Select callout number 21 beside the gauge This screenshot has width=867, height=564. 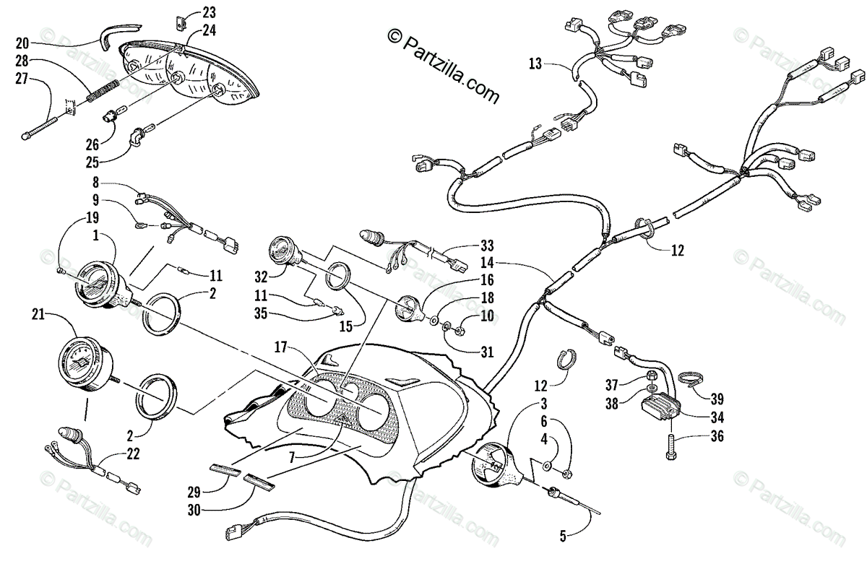click(x=39, y=314)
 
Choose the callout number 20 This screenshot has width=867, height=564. click(x=21, y=41)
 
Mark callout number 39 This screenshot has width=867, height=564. click(x=716, y=399)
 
